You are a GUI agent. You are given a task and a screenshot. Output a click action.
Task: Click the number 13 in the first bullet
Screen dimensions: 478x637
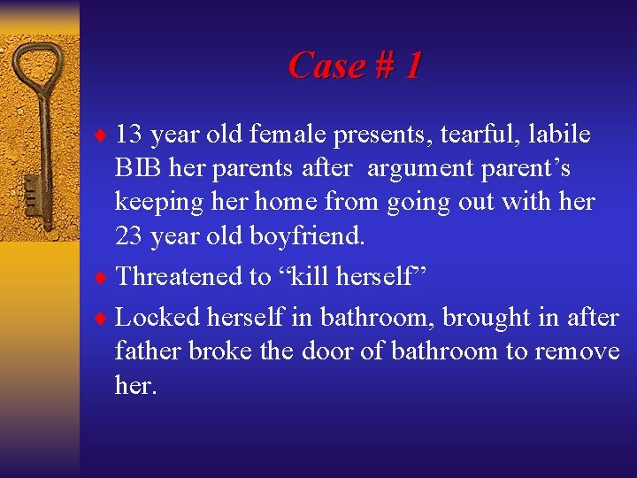click(x=129, y=135)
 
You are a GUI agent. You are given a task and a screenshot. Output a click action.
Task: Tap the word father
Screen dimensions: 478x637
click(x=143, y=351)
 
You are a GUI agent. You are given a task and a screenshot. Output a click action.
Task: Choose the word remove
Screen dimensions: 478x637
click(x=577, y=351)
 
